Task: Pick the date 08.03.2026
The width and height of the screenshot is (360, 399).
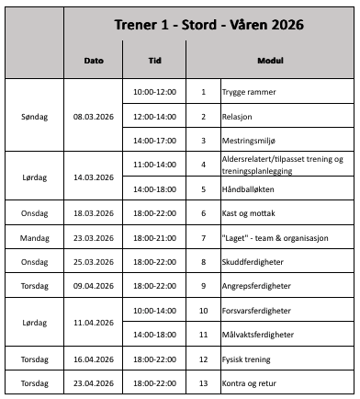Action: (94, 117)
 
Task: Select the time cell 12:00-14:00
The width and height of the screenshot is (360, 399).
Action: (154, 117)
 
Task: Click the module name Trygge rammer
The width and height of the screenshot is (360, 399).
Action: (249, 93)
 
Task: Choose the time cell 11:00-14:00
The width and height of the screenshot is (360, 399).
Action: (154, 165)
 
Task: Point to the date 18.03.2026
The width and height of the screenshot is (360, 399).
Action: (94, 212)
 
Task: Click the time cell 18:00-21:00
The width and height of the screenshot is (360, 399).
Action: (154, 236)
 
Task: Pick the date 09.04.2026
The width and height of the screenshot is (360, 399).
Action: (94, 285)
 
